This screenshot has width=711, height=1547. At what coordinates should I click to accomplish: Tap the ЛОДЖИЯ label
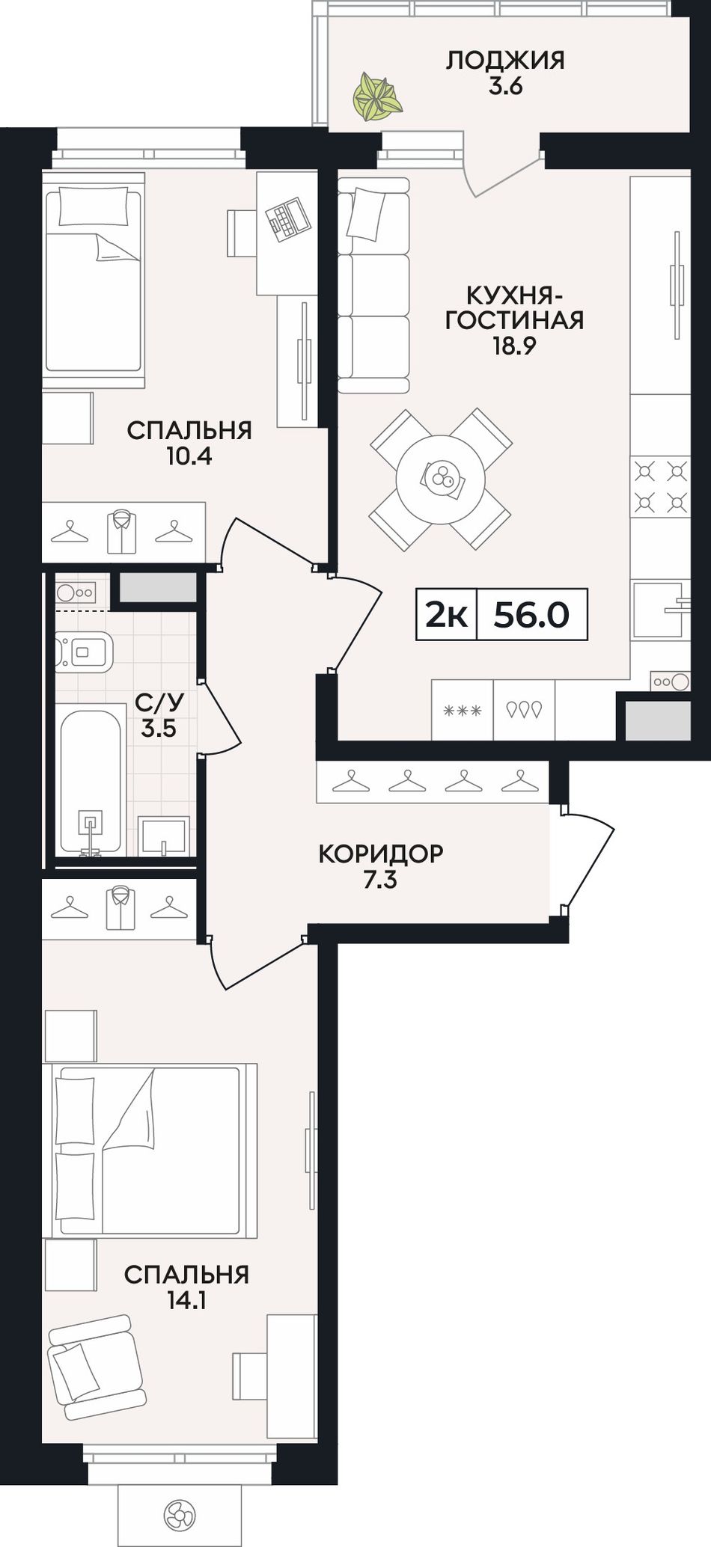505,60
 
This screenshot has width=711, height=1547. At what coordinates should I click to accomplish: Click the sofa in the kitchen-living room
373,285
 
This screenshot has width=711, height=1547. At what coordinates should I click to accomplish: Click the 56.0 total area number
532,615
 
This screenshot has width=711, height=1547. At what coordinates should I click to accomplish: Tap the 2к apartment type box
447,615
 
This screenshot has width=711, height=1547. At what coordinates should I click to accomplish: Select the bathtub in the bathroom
91,779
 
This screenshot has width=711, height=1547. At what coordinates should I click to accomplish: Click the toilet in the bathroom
84,652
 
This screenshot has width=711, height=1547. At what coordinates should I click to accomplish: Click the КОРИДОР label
380,853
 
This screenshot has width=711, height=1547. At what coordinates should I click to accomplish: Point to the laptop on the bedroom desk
285,218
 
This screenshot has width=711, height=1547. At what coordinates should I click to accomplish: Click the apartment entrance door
588,860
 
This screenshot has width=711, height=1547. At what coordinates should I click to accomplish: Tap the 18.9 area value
515,346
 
